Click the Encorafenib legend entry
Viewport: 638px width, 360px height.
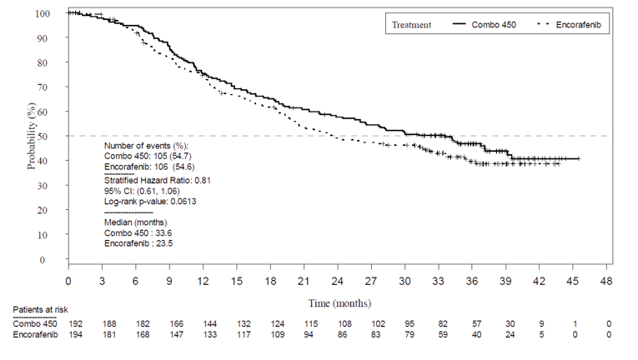pyautogui.click(x=577, y=25)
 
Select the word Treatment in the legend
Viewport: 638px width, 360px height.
pyautogui.click(x=411, y=25)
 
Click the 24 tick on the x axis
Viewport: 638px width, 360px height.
pyautogui.click(x=337, y=281)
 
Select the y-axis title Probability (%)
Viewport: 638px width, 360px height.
pyautogui.click(x=32, y=137)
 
